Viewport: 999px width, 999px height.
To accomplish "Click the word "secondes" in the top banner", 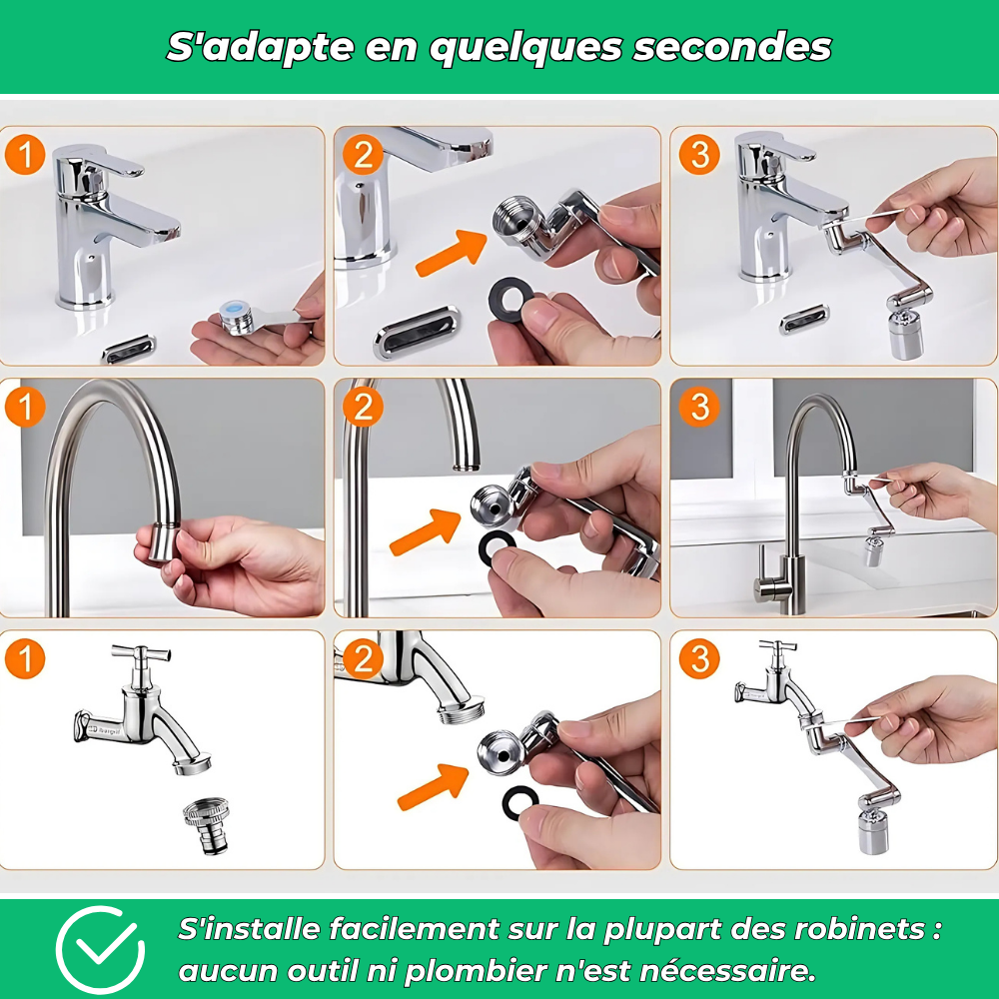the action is [x=732, y=48].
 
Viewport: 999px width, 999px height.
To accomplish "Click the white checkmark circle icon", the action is [x=99, y=949].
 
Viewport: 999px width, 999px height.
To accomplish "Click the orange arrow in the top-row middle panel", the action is [x=452, y=253].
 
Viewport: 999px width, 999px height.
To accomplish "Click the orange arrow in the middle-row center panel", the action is [x=425, y=531].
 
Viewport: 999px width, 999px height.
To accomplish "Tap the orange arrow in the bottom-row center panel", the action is [x=433, y=786].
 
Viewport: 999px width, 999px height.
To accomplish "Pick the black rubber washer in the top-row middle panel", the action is [x=510, y=298].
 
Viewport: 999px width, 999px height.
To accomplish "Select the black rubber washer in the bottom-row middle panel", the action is [x=519, y=802].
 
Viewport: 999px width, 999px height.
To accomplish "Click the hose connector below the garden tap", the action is [x=208, y=826].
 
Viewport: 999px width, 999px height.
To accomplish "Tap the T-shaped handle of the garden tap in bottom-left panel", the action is [x=141, y=653].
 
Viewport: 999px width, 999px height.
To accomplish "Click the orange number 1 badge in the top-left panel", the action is [x=25, y=155].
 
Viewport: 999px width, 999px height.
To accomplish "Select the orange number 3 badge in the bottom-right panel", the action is [x=699, y=658].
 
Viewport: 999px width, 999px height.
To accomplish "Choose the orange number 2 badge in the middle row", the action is [x=363, y=407].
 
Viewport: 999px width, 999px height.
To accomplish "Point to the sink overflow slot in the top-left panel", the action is [x=128, y=349].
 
